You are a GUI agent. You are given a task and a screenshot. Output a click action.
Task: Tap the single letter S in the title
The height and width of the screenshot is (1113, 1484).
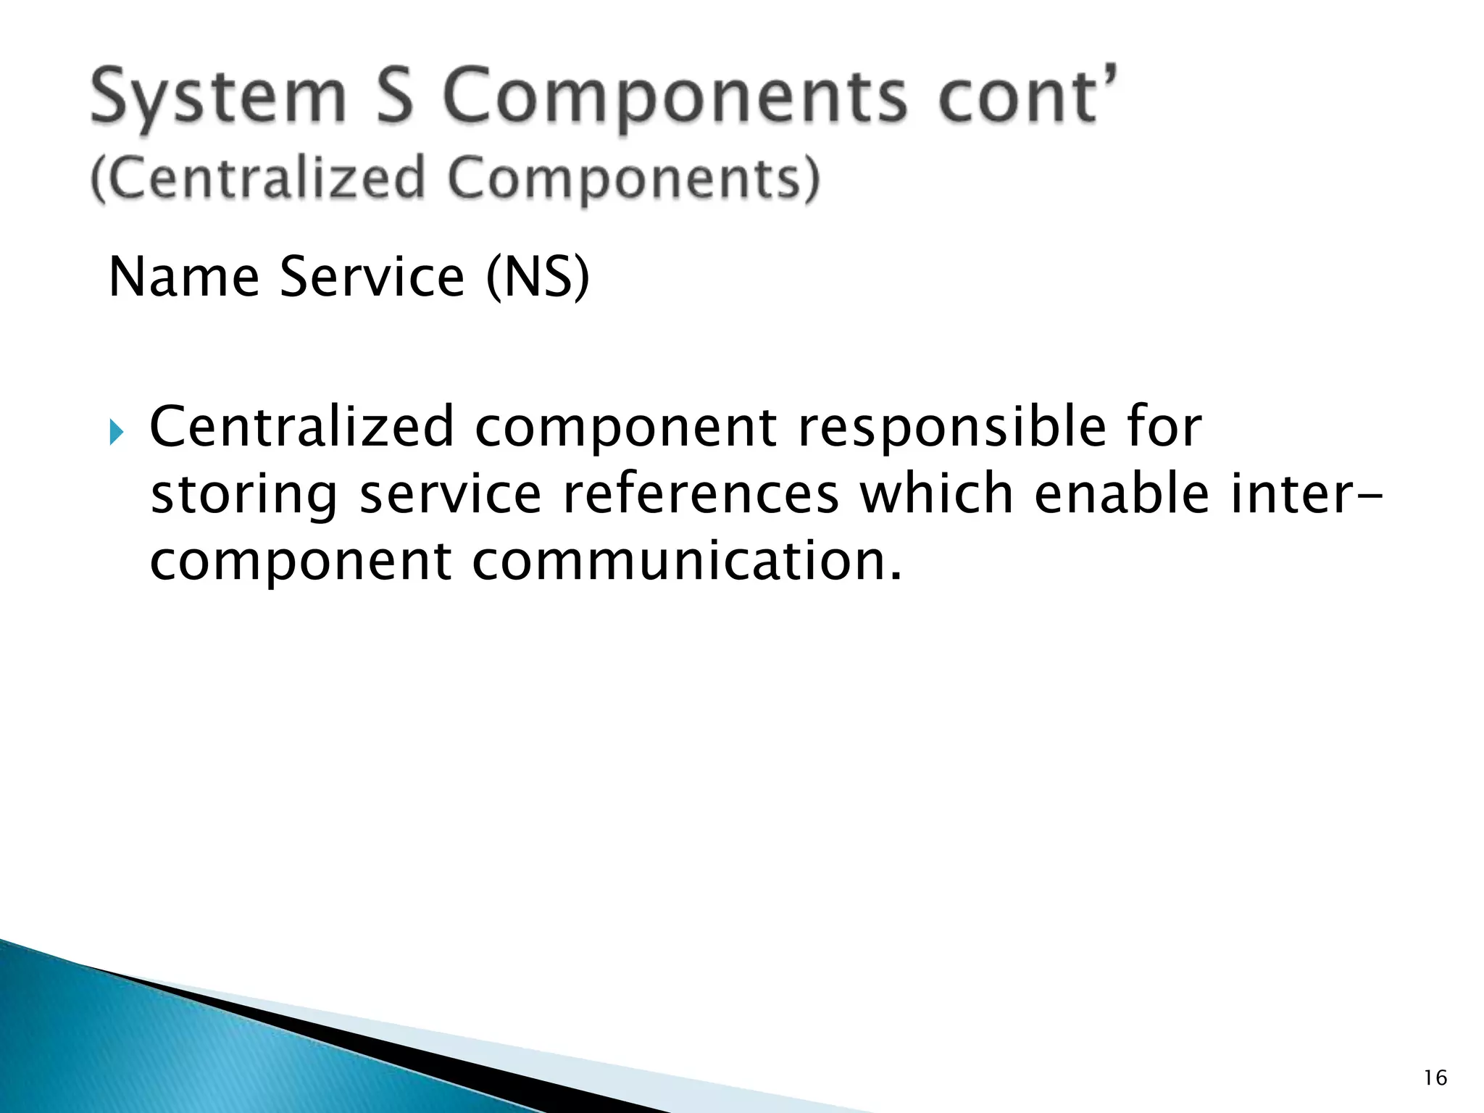click(x=394, y=96)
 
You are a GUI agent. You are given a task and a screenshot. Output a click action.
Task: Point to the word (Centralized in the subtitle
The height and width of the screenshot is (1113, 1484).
click(x=257, y=178)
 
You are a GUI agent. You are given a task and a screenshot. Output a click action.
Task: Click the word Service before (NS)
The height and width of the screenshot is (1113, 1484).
click(x=372, y=277)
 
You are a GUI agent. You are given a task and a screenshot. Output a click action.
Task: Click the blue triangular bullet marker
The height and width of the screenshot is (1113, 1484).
click(x=117, y=433)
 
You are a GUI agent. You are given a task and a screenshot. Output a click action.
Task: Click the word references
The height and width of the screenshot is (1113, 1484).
click(x=700, y=494)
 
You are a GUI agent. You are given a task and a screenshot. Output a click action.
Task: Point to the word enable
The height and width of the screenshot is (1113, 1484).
click(x=1121, y=494)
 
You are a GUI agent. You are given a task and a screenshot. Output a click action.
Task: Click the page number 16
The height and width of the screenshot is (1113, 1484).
click(x=1435, y=1078)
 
